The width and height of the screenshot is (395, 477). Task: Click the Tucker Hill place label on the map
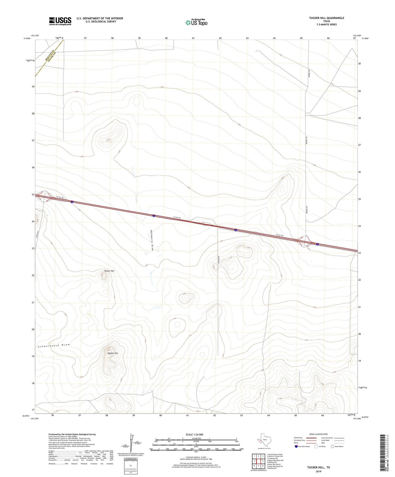click(x=109, y=271)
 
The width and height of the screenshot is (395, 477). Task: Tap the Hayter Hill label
click(x=113, y=353)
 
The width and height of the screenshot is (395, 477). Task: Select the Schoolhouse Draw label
click(x=54, y=346)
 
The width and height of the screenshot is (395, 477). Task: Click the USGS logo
click(x=60, y=21)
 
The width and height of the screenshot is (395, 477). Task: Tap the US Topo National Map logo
click(x=196, y=22)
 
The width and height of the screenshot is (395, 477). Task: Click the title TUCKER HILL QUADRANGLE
click(x=326, y=18)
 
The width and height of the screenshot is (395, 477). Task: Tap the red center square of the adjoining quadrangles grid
click(x=259, y=461)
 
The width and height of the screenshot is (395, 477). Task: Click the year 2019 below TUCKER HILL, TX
click(x=318, y=471)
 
